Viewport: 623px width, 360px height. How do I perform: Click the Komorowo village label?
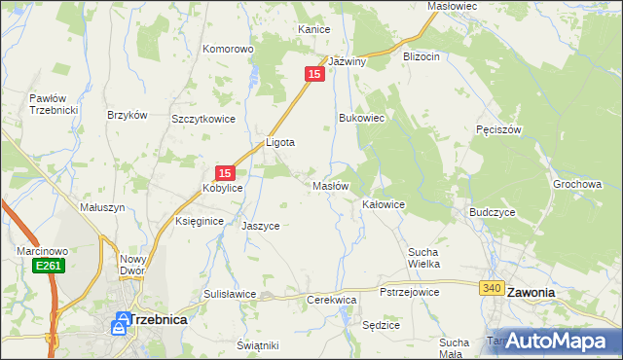tap(228, 49)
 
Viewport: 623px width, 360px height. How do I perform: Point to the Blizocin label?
tap(421, 57)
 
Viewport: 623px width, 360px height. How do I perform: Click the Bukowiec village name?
tap(362, 118)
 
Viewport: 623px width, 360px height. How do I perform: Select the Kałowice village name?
tap(384, 205)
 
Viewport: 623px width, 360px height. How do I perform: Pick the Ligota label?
tap(280, 142)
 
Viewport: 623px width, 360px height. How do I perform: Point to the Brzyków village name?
tap(127, 114)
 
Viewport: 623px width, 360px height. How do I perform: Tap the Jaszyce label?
tap(261, 226)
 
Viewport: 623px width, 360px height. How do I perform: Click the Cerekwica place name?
tap(331, 301)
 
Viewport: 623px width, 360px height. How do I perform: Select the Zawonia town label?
tap(530, 292)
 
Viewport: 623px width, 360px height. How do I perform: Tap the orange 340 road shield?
tap(492, 288)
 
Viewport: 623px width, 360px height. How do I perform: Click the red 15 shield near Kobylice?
tap(224, 172)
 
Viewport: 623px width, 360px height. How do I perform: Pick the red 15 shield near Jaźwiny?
tap(314, 74)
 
